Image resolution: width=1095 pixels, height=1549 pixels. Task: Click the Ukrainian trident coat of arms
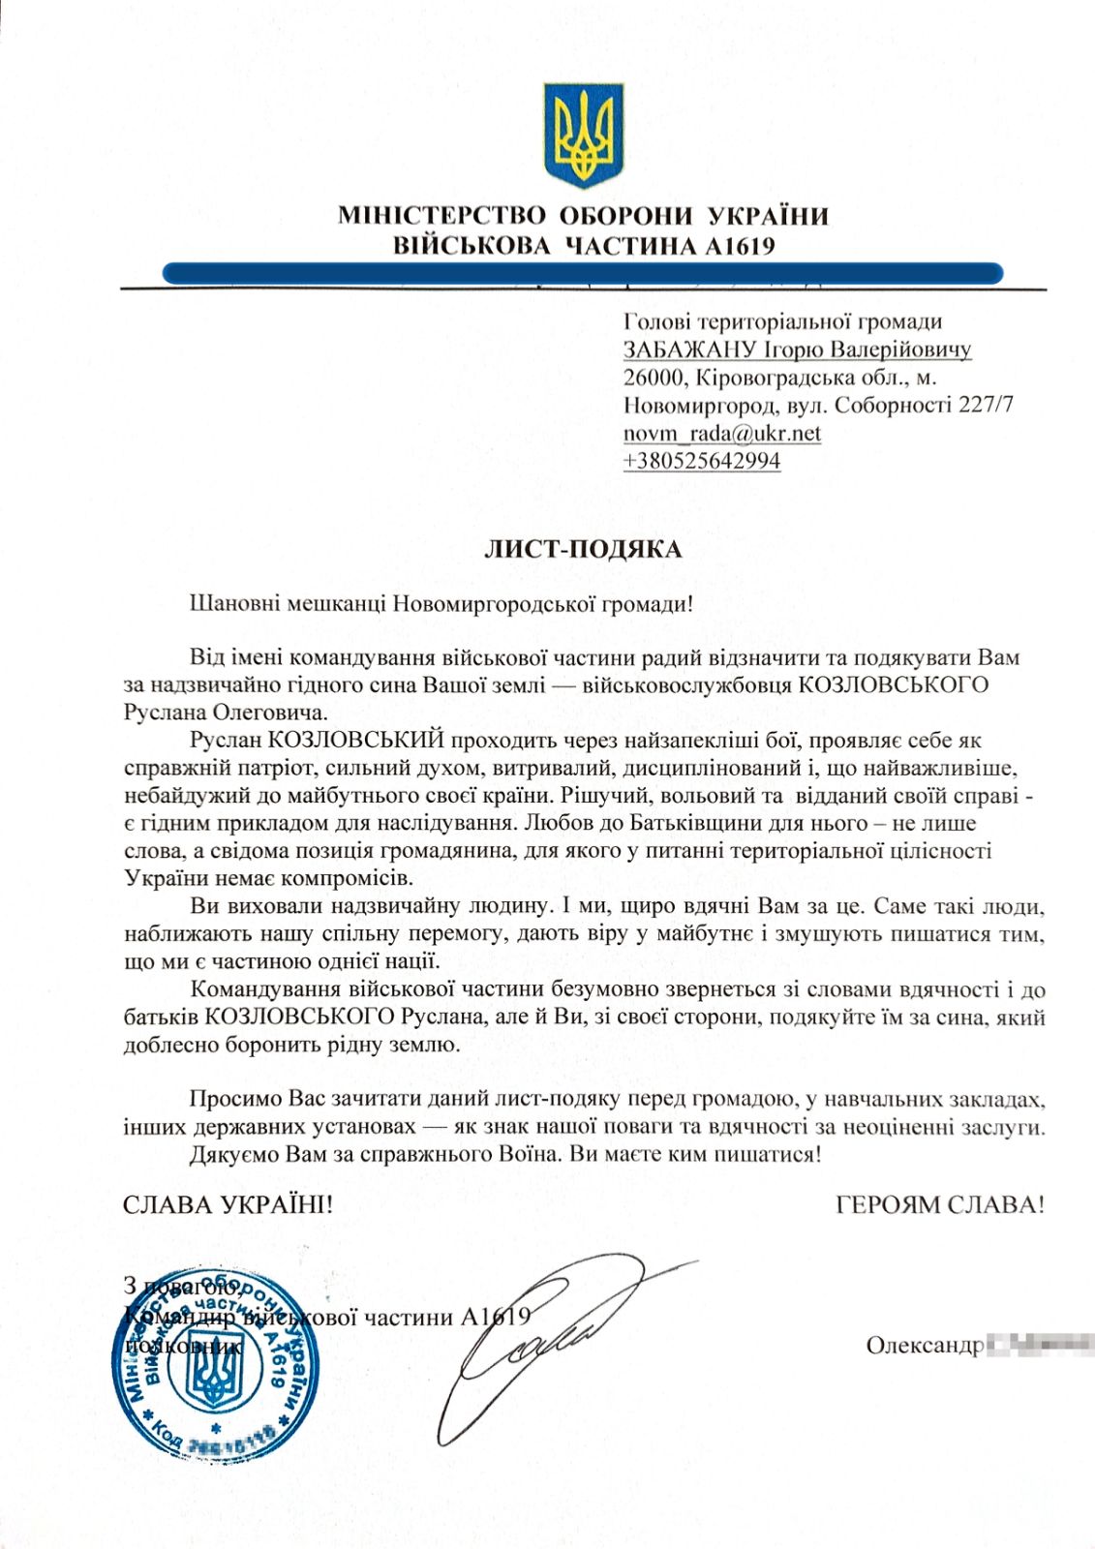point(582,135)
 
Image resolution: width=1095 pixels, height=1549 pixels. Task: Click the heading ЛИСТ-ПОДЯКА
point(583,550)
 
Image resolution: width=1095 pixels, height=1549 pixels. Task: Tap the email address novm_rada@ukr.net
point(722,433)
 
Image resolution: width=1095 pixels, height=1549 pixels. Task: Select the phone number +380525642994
point(702,461)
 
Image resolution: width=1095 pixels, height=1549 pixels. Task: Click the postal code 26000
point(654,378)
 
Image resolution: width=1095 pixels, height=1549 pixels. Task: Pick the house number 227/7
point(986,405)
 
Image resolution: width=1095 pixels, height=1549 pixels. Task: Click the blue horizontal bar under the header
point(582,274)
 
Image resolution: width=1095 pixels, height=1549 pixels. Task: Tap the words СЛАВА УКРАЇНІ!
point(228,1205)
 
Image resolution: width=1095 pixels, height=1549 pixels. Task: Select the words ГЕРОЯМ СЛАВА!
point(940,1205)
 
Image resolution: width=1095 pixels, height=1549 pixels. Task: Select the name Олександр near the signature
point(925,1346)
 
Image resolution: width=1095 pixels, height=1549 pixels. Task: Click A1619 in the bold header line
point(741,246)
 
